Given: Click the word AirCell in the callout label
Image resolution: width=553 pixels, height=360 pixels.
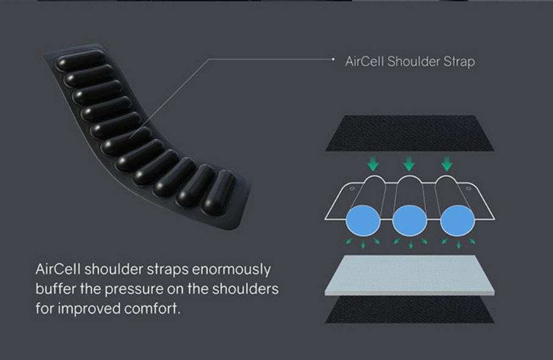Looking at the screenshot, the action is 363,62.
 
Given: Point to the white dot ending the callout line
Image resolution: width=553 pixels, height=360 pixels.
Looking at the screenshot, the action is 333,59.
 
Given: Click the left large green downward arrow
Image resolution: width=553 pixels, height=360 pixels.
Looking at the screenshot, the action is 372,164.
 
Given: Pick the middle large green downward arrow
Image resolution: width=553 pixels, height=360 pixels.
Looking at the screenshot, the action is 409,164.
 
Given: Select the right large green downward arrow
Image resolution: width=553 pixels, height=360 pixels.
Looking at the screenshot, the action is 447,164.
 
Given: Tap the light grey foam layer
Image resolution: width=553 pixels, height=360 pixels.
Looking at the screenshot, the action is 410,275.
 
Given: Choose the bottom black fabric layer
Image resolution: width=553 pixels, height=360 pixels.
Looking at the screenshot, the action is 410,310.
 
